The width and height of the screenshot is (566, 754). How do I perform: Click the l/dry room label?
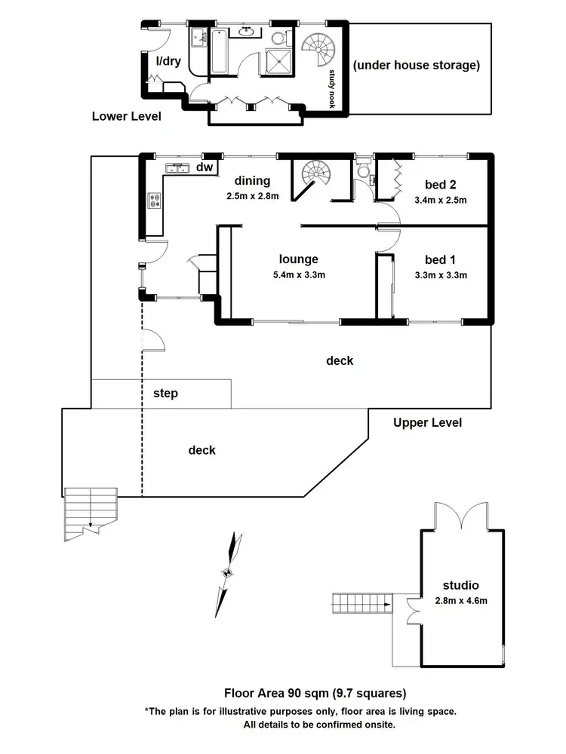click(x=168, y=62)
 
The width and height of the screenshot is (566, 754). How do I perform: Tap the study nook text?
click(x=331, y=89)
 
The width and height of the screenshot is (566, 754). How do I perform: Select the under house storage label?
click(x=416, y=66)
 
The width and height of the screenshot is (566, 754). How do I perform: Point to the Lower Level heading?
click(x=126, y=116)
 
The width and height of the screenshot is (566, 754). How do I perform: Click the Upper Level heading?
click(x=427, y=422)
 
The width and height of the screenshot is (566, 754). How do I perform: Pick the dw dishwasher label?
click(x=204, y=167)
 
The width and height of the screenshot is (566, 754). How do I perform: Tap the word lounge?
click(x=298, y=259)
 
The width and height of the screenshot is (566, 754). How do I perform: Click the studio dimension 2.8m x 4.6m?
click(x=462, y=601)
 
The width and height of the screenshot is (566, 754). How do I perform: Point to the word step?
click(x=165, y=394)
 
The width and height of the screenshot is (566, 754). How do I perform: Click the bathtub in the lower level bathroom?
click(x=219, y=51)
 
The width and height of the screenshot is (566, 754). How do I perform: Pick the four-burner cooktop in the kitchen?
click(x=155, y=201)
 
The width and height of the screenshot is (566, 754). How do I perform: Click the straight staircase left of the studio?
click(x=362, y=602)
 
